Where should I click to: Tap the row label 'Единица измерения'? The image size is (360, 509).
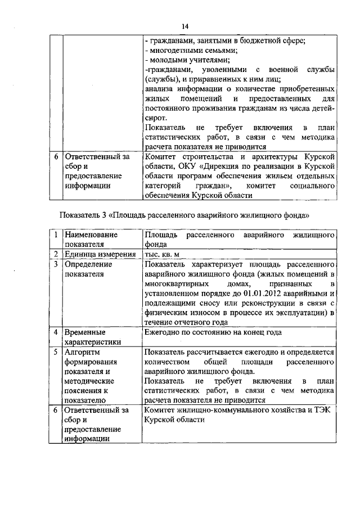(x=100, y=254)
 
